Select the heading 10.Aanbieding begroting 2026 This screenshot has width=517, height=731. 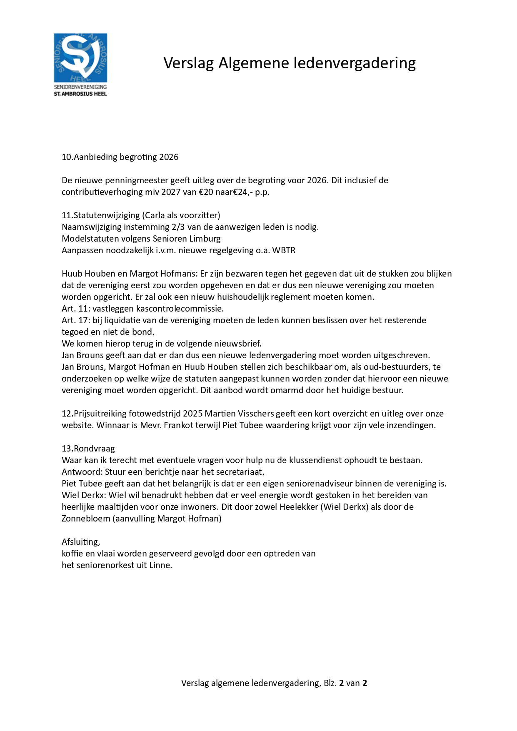coord(120,157)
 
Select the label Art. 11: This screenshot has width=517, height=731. coord(76,309)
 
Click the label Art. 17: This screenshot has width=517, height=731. coord(76,320)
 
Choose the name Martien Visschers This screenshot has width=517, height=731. coord(239,414)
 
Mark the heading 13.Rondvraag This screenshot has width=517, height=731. coord(88,449)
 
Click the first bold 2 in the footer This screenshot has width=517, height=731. coord(342,683)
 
